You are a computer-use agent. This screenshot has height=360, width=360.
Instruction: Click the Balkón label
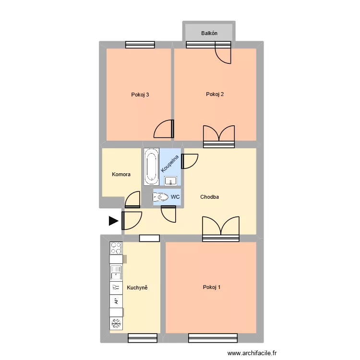pyautogui.click(x=209, y=33)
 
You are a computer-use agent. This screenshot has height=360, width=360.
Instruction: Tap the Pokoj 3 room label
pyautogui.click(x=140, y=95)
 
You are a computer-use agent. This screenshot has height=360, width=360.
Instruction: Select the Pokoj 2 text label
pyautogui.click(x=215, y=94)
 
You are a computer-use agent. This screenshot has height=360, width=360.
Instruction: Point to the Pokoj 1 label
pyautogui.click(x=212, y=288)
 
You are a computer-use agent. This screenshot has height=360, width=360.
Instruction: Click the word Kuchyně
pyautogui.click(x=137, y=288)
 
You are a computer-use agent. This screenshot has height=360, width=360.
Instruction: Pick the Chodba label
pyautogui.click(x=210, y=197)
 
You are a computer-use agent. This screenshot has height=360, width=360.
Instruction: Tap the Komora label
pyautogui.click(x=121, y=175)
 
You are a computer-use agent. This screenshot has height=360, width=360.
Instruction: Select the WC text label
pyautogui.click(x=175, y=197)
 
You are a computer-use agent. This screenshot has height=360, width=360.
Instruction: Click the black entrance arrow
pyautogui.click(x=113, y=221)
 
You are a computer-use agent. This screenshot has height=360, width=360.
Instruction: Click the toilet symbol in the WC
pyautogui.click(x=160, y=197)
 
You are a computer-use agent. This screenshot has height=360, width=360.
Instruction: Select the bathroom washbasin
pyautogui.click(x=171, y=181)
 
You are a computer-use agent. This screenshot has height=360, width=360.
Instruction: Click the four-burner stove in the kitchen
pyautogui.click(x=116, y=248)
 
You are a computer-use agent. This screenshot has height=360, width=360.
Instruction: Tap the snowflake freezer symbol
pyautogui.click(x=116, y=323)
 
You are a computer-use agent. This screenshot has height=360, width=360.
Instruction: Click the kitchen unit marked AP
pyautogui.click(x=116, y=301)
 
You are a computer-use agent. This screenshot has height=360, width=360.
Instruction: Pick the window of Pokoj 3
pyautogui.click(x=140, y=45)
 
